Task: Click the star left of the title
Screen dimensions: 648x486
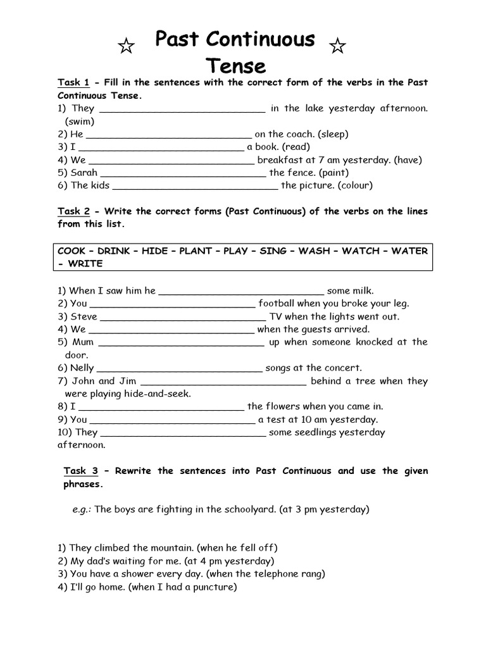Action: click(x=127, y=46)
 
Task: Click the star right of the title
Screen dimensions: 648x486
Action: click(x=338, y=46)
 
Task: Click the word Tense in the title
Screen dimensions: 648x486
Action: click(x=235, y=66)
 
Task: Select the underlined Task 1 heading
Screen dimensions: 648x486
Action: click(x=74, y=82)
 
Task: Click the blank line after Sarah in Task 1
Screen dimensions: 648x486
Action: click(x=184, y=173)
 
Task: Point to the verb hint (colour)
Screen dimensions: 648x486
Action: click(x=355, y=185)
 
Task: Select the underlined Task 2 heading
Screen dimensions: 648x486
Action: click(x=74, y=211)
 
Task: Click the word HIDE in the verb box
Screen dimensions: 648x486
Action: click(x=155, y=251)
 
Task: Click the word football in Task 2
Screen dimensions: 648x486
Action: click(x=278, y=303)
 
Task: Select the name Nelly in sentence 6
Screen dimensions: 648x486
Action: click(x=82, y=368)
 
